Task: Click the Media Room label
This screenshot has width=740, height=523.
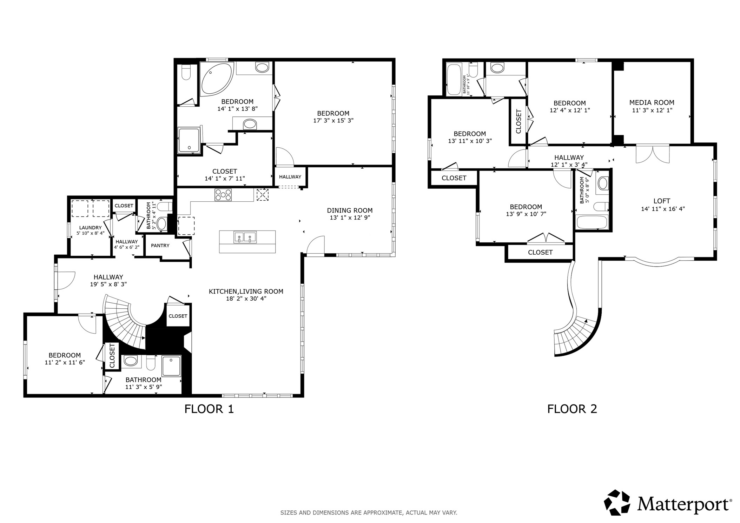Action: click(x=652, y=103)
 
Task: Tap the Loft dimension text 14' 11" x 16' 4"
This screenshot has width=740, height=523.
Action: click(x=663, y=209)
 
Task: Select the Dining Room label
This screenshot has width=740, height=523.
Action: click(x=350, y=210)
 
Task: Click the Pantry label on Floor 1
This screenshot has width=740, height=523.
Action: click(x=160, y=246)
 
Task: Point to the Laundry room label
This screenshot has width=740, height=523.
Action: click(x=90, y=228)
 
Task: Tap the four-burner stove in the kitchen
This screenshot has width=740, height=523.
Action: click(x=223, y=195)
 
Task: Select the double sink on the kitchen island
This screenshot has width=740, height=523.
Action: click(x=245, y=237)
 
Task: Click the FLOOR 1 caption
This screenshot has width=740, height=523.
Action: click(x=209, y=409)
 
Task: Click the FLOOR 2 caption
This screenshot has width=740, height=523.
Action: click(x=572, y=409)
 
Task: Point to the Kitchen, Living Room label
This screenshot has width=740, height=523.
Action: click(x=246, y=291)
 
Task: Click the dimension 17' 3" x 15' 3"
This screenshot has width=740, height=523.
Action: click(x=333, y=121)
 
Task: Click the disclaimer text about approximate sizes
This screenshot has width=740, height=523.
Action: click(x=369, y=513)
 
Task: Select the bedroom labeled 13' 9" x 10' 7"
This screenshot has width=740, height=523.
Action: click(x=526, y=210)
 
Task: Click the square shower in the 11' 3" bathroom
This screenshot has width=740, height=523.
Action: click(x=171, y=366)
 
